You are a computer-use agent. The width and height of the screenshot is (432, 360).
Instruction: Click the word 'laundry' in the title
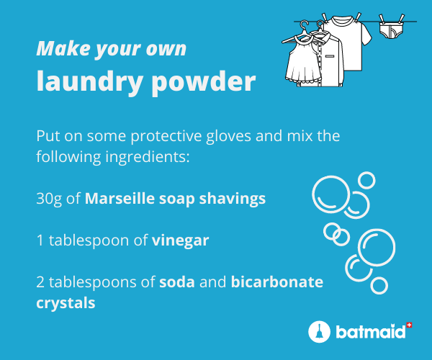click(x=89, y=82)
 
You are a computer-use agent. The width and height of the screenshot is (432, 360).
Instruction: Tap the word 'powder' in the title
click(x=204, y=82)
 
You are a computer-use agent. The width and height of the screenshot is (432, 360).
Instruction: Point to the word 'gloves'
click(x=229, y=136)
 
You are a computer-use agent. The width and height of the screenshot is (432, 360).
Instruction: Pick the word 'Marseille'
click(x=120, y=198)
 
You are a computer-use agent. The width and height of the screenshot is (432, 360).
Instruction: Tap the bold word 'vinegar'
click(x=181, y=240)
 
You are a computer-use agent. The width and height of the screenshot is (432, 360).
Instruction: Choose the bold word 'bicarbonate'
click(x=277, y=282)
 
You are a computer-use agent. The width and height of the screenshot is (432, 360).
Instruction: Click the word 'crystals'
click(x=66, y=303)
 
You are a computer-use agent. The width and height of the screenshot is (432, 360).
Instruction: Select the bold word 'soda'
click(x=177, y=282)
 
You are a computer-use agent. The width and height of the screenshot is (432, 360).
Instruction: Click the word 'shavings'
click(x=233, y=199)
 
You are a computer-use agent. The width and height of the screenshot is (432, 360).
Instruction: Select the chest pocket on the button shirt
click(x=330, y=56)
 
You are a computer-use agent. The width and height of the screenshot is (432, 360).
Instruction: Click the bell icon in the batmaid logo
click(x=319, y=331)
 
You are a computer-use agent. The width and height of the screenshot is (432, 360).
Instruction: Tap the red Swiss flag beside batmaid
click(x=409, y=325)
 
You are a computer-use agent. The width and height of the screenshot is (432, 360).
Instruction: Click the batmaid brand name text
click(x=371, y=332)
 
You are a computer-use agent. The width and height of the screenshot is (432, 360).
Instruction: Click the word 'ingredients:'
click(x=148, y=157)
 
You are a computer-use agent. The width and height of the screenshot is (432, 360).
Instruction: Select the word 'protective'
click(x=166, y=136)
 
